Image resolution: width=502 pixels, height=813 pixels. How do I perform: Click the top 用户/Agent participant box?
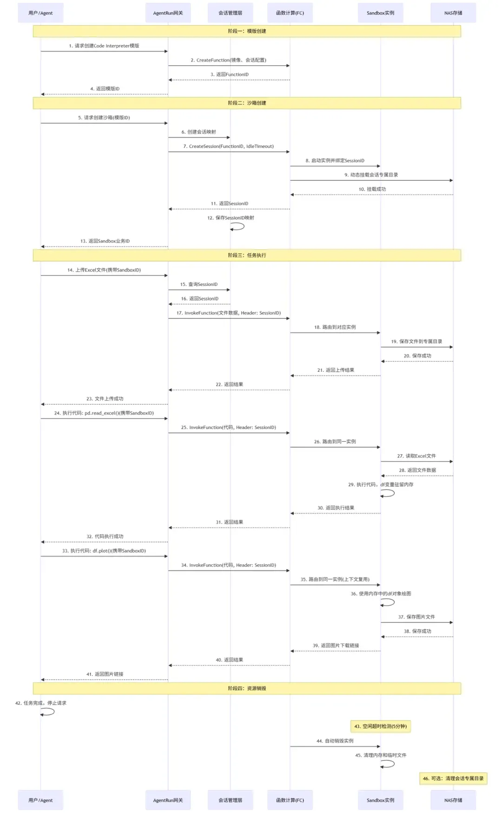40,13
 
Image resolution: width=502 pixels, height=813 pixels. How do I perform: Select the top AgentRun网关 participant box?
168,13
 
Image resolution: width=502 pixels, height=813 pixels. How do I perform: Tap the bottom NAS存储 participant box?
453,800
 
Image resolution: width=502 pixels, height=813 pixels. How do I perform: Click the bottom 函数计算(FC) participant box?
290,800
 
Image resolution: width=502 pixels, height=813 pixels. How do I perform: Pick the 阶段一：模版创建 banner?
247,31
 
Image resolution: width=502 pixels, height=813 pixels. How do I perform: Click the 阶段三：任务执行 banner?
247,255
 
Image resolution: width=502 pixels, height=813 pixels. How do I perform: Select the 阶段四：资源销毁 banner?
247,688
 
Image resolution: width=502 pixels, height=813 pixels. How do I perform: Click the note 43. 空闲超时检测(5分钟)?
380,726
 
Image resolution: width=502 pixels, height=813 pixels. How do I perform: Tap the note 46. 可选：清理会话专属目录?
453,778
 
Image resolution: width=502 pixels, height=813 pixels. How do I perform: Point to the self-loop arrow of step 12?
238,226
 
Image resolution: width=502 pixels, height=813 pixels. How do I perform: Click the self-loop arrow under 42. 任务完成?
48,712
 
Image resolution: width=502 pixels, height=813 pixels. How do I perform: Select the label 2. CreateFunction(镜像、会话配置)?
228,60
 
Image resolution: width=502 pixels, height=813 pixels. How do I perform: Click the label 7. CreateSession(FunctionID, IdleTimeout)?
228,146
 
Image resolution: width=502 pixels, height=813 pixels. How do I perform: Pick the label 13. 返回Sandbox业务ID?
105,241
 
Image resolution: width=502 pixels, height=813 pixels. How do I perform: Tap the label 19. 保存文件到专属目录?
416,342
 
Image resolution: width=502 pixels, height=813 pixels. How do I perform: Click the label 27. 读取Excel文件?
416,456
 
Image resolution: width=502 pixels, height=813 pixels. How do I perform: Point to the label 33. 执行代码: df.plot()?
104,551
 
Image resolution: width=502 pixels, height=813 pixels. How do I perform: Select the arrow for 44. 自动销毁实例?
335,747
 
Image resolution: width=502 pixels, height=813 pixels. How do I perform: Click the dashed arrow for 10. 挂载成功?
372,195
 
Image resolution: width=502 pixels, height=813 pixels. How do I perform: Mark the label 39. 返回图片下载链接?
336,646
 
